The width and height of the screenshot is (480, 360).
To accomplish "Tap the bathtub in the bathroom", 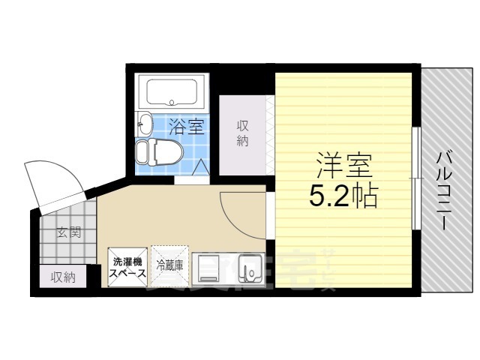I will click(x=172, y=91).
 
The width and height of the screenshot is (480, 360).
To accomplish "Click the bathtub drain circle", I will click(x=172, y=102).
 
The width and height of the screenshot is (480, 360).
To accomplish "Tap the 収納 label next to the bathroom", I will click(x=242, y=133).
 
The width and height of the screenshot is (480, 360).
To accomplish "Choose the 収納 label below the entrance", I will click(x=63, y=277).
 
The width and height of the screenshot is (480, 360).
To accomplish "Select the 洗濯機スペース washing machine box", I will click(x=128, y=267).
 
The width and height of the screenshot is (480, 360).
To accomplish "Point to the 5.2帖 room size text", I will click(x=343, y=197).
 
